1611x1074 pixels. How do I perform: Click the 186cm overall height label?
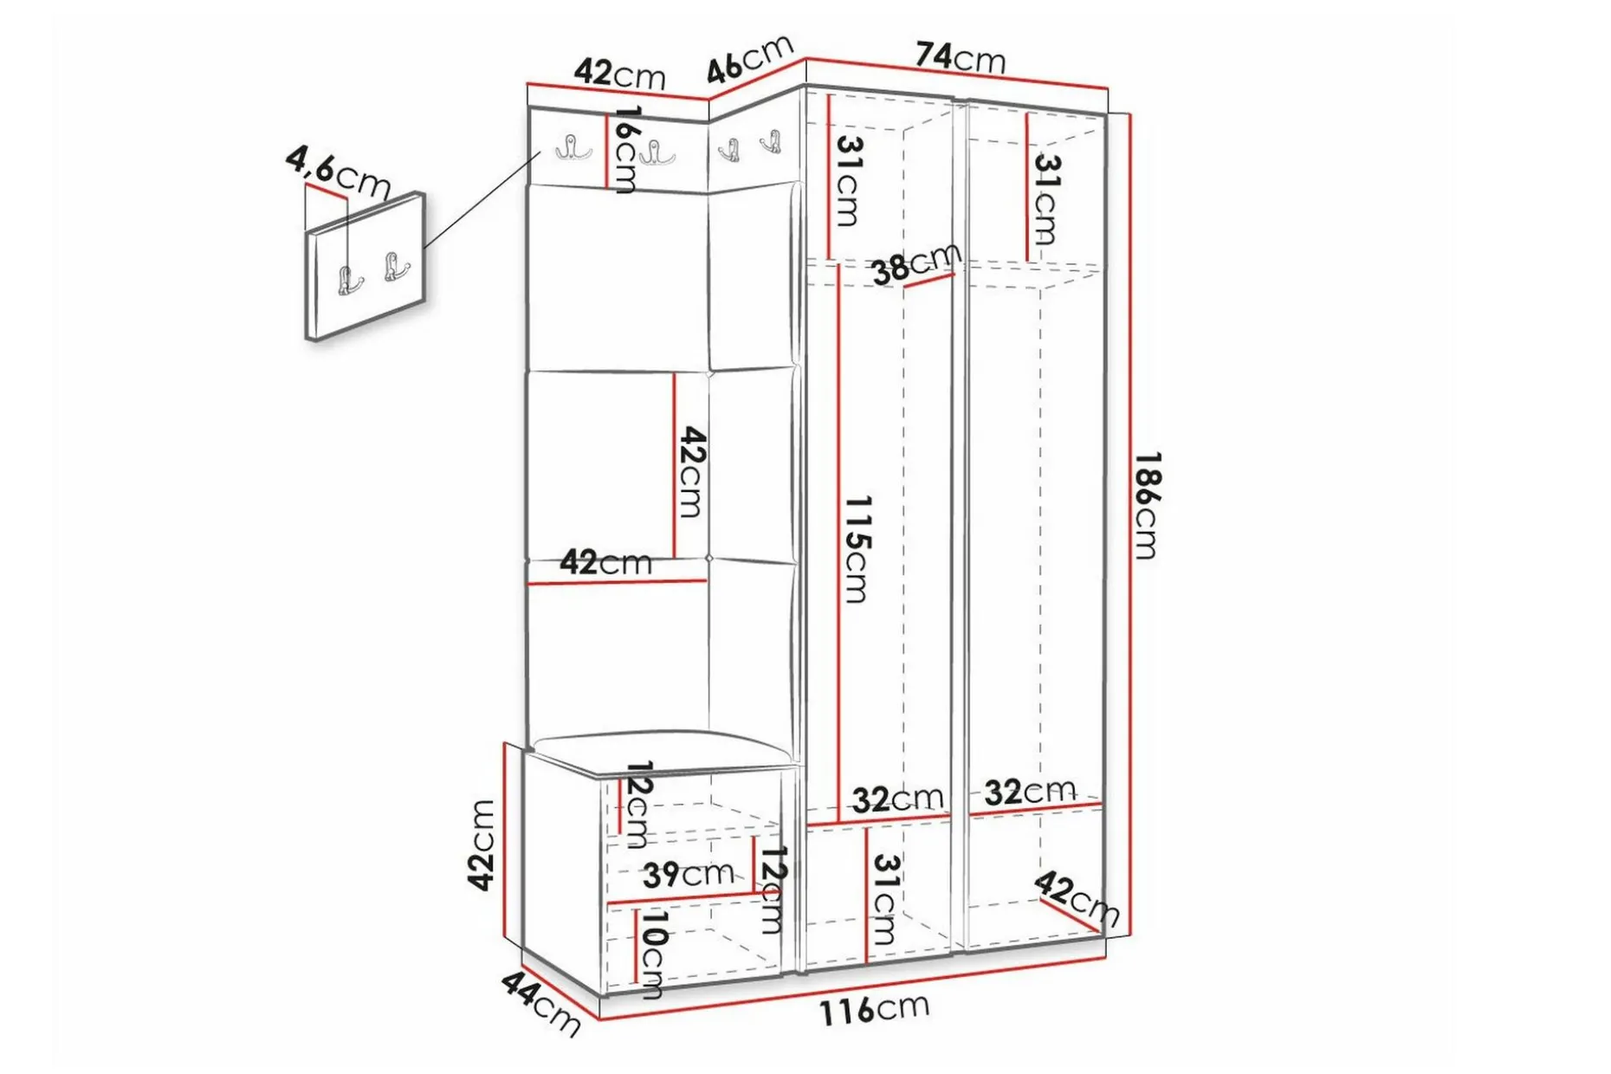coord(1147,505)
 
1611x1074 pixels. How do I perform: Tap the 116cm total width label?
coord(874,1009)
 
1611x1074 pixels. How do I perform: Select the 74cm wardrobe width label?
coord(961,57)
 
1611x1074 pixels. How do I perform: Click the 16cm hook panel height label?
coord(625,148)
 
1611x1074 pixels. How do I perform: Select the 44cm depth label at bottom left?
coord(540,1003)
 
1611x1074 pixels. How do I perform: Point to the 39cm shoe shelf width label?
coord(688,874)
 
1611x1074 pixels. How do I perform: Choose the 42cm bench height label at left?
coord(481,844)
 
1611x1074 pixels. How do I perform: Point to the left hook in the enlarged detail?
coord(348,281)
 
